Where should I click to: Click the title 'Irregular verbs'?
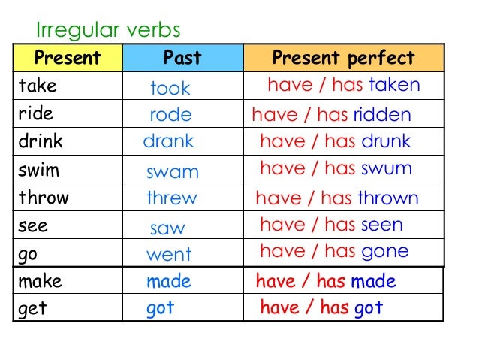(x=108, y=30)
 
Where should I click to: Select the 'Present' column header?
(x=67, y=59)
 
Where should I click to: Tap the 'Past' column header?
(x=182, y=59)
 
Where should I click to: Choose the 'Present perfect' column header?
(x=343, y=59)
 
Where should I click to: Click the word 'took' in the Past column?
(x=170, y=89)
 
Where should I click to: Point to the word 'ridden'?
(x=382, y=115)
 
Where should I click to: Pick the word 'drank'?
(x=169, y=141)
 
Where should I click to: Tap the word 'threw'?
(x=172, y=198)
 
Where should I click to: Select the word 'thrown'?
(x=387, y=198)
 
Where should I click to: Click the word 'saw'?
(x=167, y=228)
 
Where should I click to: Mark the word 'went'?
(x=169, y=254)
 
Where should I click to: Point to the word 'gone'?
(x=385, y=251)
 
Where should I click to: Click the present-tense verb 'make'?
(x=40, y=282)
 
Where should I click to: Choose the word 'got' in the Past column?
(x=161, y=308)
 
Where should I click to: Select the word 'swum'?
(x=387, y=168)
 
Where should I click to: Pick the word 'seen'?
(x=382, y=225)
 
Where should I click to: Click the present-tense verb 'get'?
(x=32, y=308)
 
